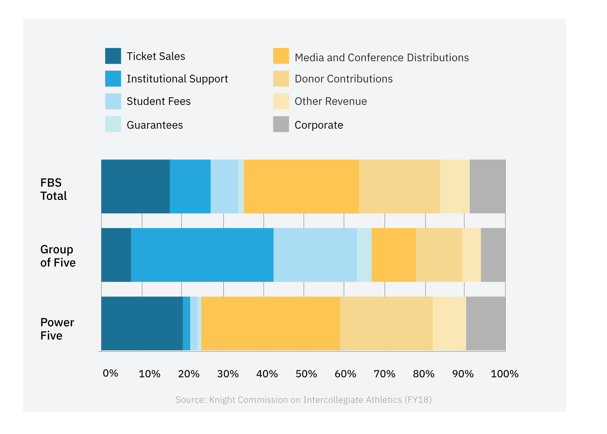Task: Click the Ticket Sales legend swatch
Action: click(113, 56)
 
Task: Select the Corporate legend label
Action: click(319, 125)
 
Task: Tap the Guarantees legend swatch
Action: click(113, 124)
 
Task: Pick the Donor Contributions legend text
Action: click(343, 79)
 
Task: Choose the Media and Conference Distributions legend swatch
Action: click(281, 56)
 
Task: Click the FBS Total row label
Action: click(53, 189)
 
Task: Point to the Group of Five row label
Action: click(58, 256)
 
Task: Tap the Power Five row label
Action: click(57, 329)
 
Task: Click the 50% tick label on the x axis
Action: click(306, 374)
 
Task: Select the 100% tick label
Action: click(504, 374)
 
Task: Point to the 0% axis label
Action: click(110, 374)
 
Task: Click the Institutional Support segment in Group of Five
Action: click(202, 255)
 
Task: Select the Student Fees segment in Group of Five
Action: click(315, 255)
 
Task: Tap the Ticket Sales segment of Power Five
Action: click(142, 323)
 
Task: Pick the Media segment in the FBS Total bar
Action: click(301, 186)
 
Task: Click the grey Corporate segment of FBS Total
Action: click(487, 186)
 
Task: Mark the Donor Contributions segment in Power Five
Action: click(386, 323)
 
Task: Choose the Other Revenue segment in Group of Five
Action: click(471, 255)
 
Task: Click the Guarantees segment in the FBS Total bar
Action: click(241, 186)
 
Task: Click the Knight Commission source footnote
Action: click(303, 400)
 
